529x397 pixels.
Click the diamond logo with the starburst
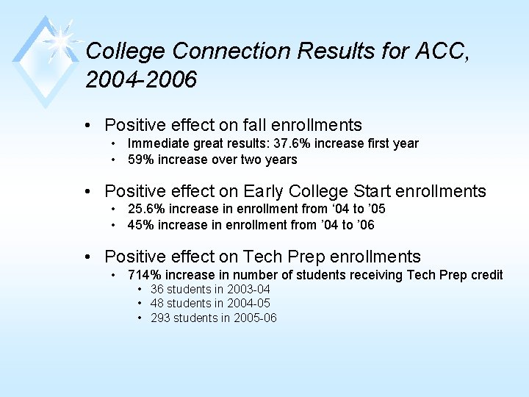pyautogui.click(x=46, y=59)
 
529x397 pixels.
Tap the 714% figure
pyautogui.click(x=145, y=275)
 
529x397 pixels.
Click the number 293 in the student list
pyautogui.click(x=161, y=318)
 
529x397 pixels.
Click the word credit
pyautogui.click(x=486, y=275)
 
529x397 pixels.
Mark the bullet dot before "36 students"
pyautogui.click(x=140, y=290)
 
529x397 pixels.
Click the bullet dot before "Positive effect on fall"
pyautogui.click(x=88, y=126)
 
